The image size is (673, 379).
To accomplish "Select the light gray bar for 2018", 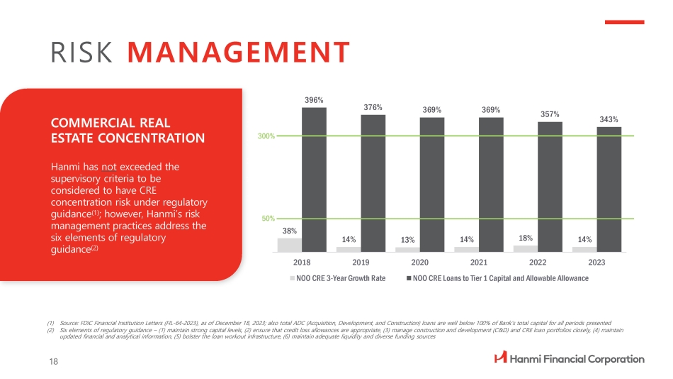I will [289, 245].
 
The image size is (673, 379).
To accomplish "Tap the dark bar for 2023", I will [609, 189].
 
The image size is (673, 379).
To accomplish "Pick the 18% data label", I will [526, 238].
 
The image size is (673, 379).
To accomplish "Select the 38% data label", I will [289, 231].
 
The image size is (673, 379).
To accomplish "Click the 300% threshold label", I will [266, 136].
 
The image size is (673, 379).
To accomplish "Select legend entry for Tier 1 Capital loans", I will [500, 278].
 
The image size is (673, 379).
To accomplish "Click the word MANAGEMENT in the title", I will [239, 52].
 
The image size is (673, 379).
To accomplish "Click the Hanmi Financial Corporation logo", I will [569, 358].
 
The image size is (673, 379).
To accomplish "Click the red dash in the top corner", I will [623, 22].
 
